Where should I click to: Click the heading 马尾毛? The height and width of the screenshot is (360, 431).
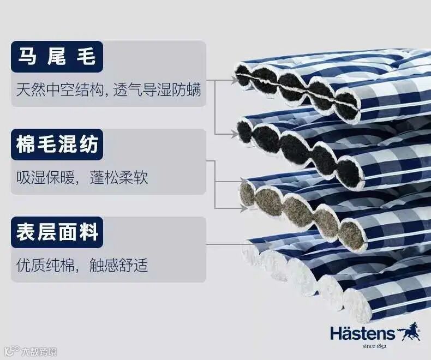tap(57, 57)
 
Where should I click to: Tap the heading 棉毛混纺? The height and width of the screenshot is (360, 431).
tap(57, 145)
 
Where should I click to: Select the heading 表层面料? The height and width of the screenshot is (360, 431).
tap(57, 233)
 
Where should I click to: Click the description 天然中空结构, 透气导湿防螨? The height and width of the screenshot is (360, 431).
tap(108, 89)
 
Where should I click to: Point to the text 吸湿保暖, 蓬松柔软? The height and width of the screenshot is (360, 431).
tap(82, 177)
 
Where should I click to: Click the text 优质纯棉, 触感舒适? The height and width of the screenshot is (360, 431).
tap(82, 266)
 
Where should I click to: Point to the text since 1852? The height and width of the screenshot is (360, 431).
tap(374, 346)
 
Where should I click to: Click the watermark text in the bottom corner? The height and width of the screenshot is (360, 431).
tap(33, 351)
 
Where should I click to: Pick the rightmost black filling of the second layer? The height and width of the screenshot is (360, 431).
tap(350, 173)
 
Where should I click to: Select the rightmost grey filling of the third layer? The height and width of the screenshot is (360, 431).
tap(352, 234)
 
